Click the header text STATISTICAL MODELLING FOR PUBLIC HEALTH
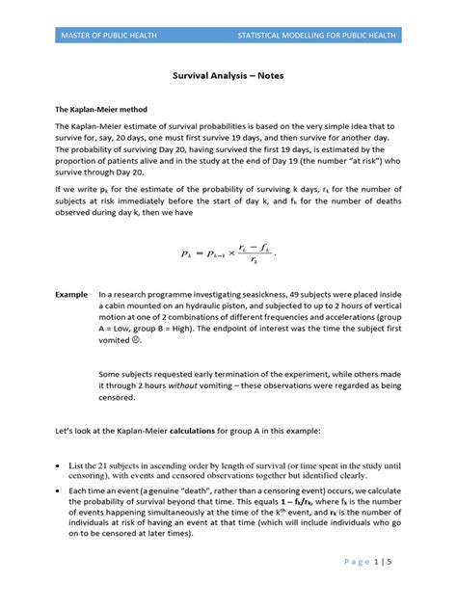(320, 36)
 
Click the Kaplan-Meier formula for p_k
(228, 253)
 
